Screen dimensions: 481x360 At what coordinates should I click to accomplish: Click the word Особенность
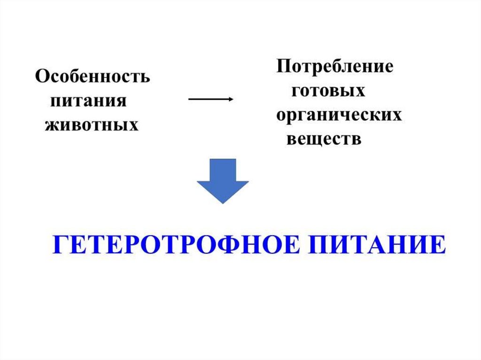pos(93,77)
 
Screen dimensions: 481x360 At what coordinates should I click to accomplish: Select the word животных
pos(92,125)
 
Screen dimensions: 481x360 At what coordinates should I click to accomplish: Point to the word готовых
pos(328,91)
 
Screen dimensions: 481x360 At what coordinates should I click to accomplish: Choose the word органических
pos(339,115)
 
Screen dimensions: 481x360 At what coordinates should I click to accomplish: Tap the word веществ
pos(324,139)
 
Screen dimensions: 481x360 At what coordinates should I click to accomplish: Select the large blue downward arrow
pos(222,181)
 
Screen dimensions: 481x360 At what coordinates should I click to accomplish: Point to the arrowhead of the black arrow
pos(231,99)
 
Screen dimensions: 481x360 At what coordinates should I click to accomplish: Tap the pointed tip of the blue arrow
pos(222,202)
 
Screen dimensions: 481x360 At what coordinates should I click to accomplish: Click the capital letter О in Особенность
pos(42,77)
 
